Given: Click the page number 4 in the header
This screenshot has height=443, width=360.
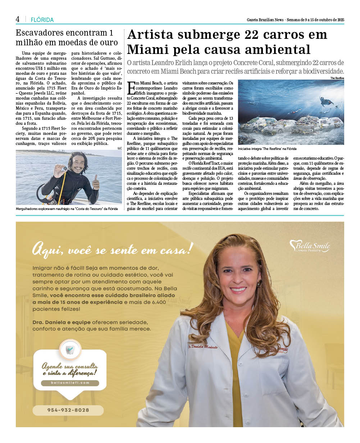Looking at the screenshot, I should pos(18,19).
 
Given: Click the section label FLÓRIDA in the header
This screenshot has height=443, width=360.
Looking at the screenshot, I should pos(42,20).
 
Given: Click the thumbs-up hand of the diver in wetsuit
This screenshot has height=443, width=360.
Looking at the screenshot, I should pos(95,182).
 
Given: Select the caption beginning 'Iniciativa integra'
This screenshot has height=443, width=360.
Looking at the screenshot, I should pos(267,149).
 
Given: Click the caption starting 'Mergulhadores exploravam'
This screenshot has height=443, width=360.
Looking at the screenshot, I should pos(67,209).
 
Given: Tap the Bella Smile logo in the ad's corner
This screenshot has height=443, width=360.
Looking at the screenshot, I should pos(310,246).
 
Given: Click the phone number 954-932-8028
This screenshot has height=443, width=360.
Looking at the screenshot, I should pos(68,410).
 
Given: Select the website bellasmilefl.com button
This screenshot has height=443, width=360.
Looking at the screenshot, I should pos(70,383).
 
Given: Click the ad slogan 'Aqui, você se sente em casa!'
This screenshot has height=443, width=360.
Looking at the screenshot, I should pos(113,248).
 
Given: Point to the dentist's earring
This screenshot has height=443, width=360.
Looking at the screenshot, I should pos(260,284).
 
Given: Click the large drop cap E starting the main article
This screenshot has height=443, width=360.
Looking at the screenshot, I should pos(131,87).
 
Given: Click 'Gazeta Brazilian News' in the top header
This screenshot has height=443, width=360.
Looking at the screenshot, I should pos(265,20).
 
